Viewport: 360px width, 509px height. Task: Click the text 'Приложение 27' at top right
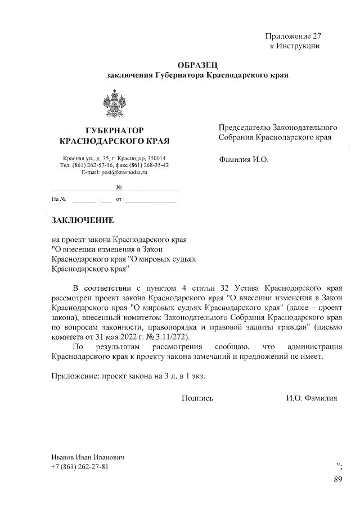(x=292, y=36)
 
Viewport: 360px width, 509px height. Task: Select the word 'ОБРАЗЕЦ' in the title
(x=197, y=65)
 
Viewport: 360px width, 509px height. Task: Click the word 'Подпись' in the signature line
(x=197, y=398)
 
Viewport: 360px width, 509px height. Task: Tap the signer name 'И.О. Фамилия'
(x=311, y=398)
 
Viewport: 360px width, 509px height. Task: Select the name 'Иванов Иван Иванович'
(x=87, y=457)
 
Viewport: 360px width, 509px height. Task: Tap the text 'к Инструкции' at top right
(x=295, y=46)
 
